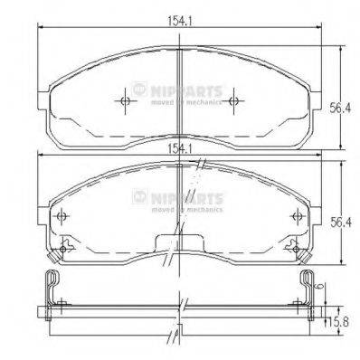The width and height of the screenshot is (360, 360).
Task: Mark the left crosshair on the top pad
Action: pos(124,100)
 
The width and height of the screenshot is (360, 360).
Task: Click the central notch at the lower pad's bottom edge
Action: pos(179,243)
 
